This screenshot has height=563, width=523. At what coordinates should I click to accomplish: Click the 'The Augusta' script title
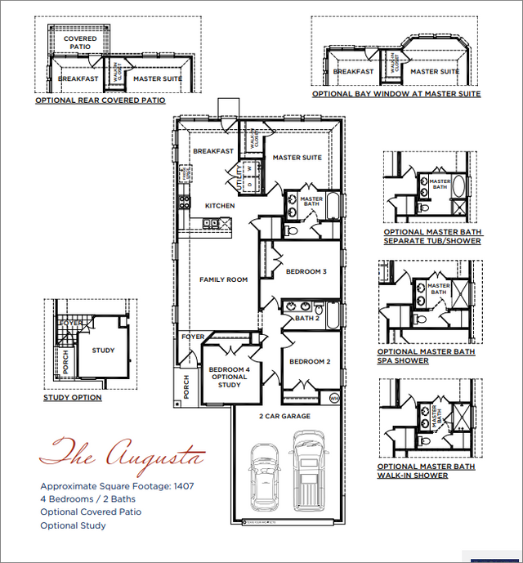(x=122, y=452)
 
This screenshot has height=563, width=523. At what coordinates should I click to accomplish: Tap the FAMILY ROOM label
(x=223, y=280)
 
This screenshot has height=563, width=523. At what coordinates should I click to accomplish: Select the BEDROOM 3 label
(x=306, y=271)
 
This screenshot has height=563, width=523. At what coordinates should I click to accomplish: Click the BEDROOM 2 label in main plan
(x=310, y=361)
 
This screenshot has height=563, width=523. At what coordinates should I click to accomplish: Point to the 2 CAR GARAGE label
(x=284, y=417)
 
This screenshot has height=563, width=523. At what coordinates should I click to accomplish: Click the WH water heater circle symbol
(x=334, y=398)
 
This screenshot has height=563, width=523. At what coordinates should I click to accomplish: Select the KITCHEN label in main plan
(x=220, y=206)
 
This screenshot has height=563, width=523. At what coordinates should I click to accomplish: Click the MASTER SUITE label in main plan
(x=297, y=158)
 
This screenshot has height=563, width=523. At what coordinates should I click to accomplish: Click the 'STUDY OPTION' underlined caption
(x=73, y=398)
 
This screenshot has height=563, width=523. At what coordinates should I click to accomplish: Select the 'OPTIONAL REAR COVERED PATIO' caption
(x=100, y=101)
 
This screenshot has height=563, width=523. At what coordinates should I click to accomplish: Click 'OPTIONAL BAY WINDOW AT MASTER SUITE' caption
(x=396, y=94)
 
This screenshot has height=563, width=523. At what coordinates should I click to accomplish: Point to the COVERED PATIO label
(x=80, y=42)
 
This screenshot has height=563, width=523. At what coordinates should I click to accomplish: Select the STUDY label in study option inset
(x=103, y=351)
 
